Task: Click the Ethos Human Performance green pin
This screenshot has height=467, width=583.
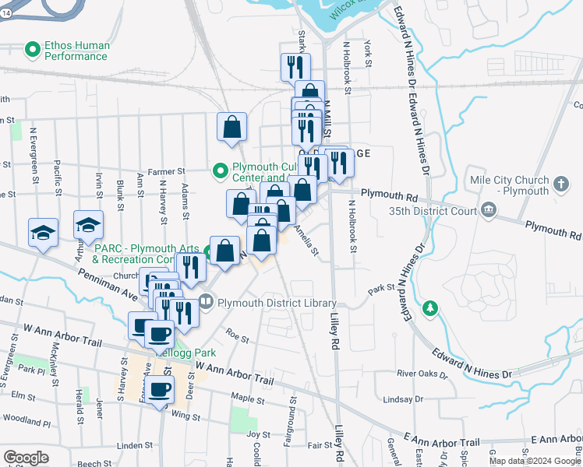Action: tap(33, 51)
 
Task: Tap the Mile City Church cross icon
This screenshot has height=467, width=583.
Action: tap(562, 184)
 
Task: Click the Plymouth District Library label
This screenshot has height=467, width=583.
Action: tap(277, 303)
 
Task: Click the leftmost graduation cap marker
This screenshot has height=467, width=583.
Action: tap(44, 232)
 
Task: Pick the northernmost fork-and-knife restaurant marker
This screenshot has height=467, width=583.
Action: tap(295, 66)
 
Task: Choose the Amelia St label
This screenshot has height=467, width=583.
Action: tap(307, 239)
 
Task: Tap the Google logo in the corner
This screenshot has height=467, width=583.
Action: tap(26, 457)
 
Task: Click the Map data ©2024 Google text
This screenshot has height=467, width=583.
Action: tap(535, 461)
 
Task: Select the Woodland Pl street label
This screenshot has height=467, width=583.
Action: tap(25, 421)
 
